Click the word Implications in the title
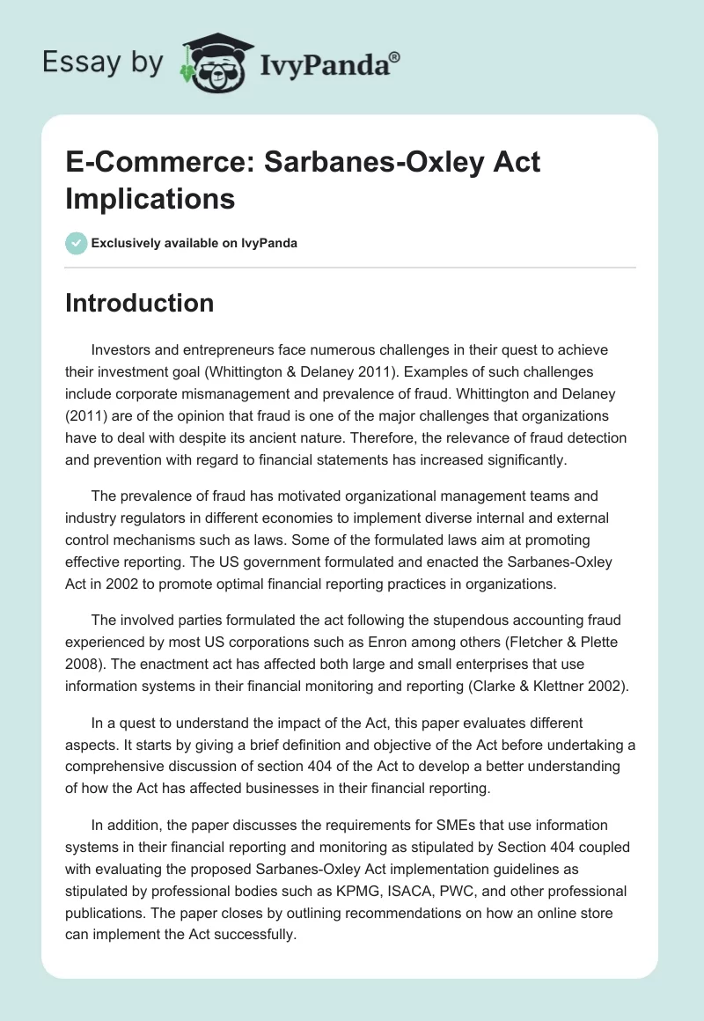tap(150, 198)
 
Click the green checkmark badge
tap(76, 243)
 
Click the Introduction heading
tap(140, 303)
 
